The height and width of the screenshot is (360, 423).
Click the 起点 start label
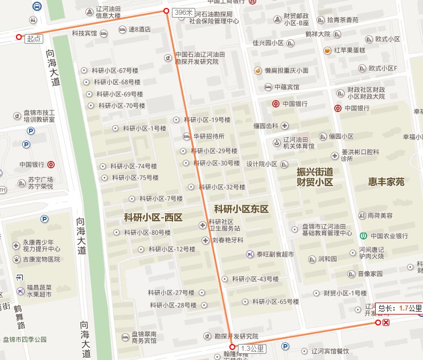[x=34, y=39]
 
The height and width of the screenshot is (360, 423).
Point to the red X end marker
[x=386, y=323]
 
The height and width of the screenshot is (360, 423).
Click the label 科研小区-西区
[x=153, y=217]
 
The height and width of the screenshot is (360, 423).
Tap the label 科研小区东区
[x=241, y=209]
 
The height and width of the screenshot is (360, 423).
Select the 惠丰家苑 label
[x=386, y=182]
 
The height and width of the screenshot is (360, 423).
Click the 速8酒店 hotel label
[x=139, y=29]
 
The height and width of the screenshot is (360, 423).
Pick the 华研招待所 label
[x=208, y=136]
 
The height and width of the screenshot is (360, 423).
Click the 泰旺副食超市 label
[x=275, y=254]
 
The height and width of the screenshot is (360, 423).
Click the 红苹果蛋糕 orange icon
[x=327, y=50]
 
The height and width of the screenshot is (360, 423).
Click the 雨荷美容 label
[x=380, y=216]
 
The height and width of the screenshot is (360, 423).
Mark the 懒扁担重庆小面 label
[x=286, y=71]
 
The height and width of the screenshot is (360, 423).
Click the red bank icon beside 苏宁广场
[x=51, y=165]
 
